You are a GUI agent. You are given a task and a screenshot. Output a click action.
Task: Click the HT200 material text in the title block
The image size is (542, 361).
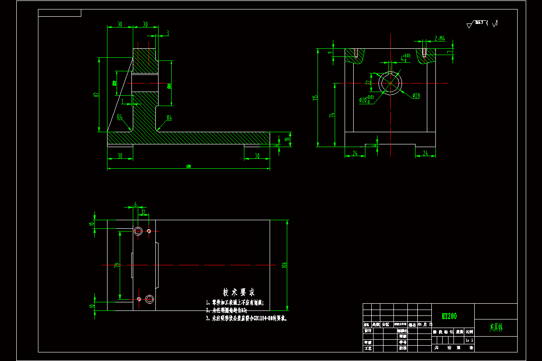[x=450, y=316]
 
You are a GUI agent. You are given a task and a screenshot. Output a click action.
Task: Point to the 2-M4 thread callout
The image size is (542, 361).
[x=439, y=39]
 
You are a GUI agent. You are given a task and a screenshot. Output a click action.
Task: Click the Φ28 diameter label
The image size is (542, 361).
[x=416, y=95]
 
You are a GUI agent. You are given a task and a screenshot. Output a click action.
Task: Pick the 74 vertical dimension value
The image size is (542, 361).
[x=332, y=115]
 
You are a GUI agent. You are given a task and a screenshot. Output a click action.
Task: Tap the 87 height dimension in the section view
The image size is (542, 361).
[x=96, y=95]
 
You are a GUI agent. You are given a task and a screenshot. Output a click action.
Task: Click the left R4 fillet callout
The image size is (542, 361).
[x=120, y=117]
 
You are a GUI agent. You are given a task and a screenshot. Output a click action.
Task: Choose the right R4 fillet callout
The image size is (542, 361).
[x=169, y=118]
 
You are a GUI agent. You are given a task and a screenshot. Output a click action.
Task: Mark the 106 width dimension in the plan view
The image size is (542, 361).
[x=284, y=265]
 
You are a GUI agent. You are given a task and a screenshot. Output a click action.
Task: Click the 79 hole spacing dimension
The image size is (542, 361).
[x=117, y=265]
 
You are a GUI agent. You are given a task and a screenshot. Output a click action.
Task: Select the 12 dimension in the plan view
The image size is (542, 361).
[x=143, y=211]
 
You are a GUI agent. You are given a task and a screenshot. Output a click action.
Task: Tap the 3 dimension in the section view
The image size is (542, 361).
[x=168, y=32]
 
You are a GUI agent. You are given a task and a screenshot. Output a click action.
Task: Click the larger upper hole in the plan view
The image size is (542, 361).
[x=138, y=231]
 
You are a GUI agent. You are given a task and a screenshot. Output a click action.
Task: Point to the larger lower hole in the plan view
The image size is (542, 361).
[x=150, y=298]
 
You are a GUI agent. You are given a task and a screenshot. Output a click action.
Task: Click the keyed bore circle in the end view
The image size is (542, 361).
[x=390, y=83]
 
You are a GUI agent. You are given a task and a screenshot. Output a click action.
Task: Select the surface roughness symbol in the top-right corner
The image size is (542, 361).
[x=482, y=24]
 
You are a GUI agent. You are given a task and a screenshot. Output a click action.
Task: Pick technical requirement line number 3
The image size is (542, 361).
[x=246, y=318]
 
